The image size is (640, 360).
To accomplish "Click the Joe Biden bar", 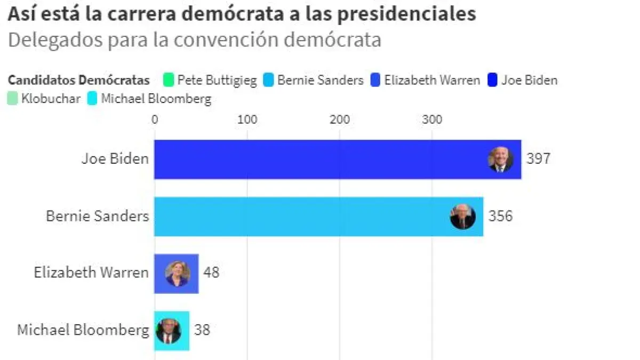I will tap(320, 159).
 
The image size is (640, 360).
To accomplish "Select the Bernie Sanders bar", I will tap(299, 216).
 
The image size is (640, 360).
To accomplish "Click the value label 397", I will tap(538, 159).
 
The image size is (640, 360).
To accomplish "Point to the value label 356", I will tap(500, 216).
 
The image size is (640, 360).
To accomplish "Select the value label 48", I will tap(211, 273).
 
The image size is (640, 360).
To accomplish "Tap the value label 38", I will tap(202, 330).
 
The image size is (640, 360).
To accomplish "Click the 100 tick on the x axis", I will tap(247, 119).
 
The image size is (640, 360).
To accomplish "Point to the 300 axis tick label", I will tap(432, 119).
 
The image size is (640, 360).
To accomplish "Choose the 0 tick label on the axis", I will tap(155, 119).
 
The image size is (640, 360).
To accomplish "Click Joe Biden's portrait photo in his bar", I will tap(501, 159).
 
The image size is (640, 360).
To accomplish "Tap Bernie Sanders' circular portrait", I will tap(462, 217).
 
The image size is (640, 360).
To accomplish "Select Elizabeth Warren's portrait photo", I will tap(178, 274).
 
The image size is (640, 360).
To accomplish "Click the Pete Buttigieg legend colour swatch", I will tap(169, 81).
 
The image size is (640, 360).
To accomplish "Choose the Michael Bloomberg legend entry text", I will tap(156, 99).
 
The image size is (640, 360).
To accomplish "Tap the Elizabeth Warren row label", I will tap(91, 273).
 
